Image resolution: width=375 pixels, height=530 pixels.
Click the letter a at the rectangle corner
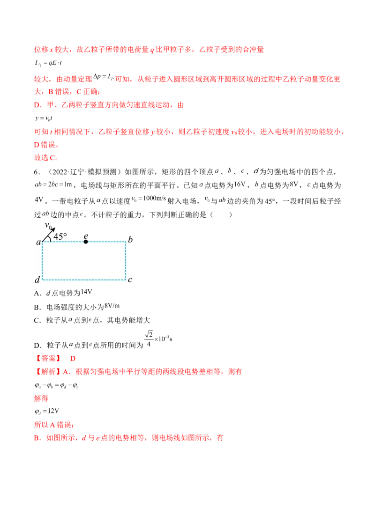click(x=38, y=243)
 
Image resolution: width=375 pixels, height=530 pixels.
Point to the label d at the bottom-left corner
click(x=37, y=280)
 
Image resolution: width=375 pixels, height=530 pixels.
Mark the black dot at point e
click(x=85, y=242)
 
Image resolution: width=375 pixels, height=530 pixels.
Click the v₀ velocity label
click(x=48, y=226)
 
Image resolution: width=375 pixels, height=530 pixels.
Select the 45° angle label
click(x=60, y=236)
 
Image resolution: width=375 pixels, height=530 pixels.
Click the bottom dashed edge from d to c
click(x=84, y=280)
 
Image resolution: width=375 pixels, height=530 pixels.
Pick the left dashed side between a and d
click(x=42, y=261)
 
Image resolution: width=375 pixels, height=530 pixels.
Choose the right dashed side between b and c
click(x=126, y=261)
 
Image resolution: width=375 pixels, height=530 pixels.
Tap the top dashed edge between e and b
click(x=106, y=242)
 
